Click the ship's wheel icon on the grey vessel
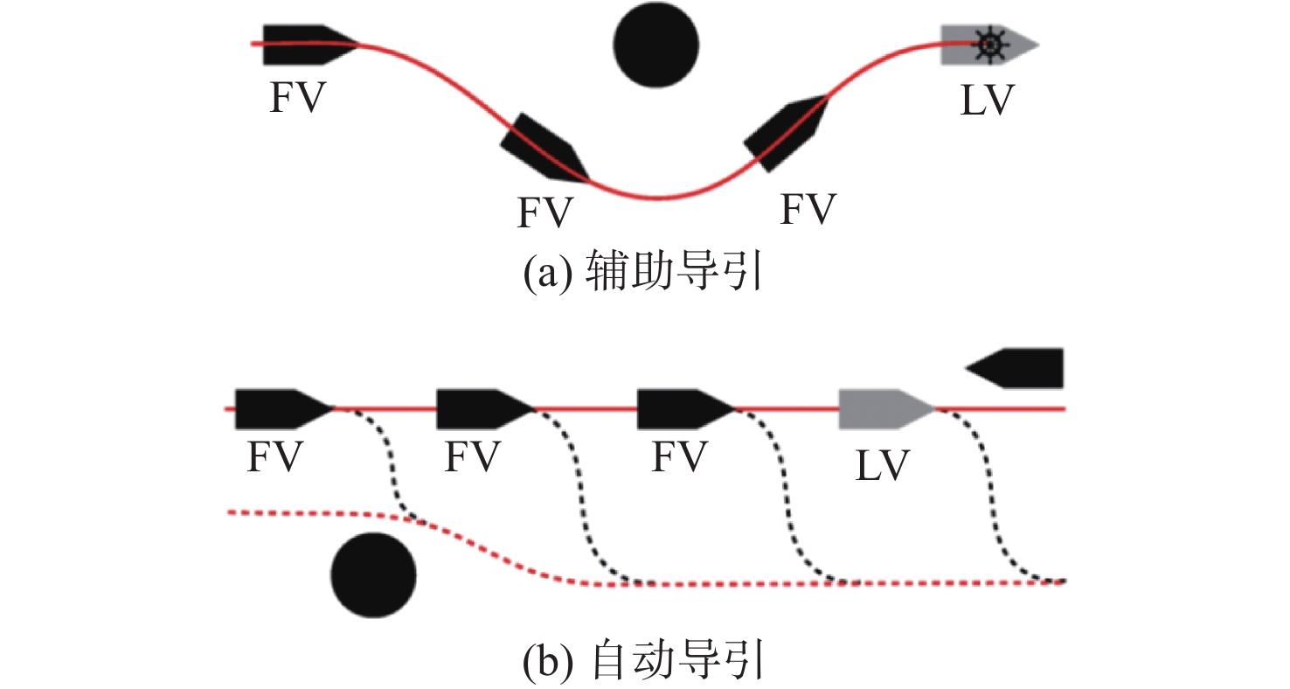988,45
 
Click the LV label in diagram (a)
985,101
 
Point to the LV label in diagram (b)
883,465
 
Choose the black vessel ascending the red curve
786,132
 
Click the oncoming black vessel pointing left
1016,368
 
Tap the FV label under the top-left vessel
297,99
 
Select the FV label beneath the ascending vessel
808,211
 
